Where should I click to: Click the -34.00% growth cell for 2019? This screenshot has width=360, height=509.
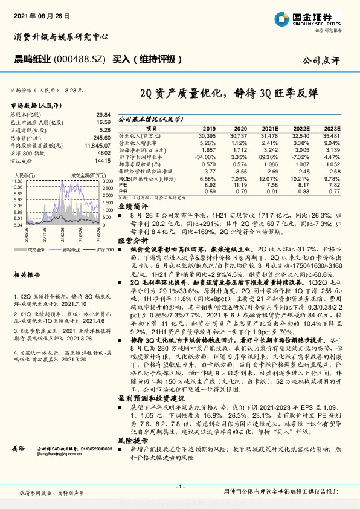[x=206, y=157]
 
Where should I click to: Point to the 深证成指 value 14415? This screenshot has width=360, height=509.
[x=103, y=161]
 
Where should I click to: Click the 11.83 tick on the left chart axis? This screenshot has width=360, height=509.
[x=16, y=181]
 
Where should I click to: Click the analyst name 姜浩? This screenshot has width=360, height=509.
[x=18, y=448]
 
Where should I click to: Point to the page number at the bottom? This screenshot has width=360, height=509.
[x=179, y=486]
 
